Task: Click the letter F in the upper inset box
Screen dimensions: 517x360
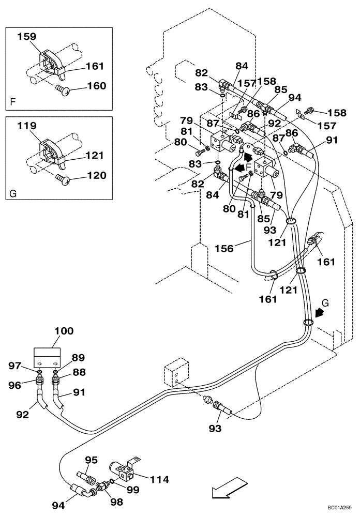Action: tap(12, 102)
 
